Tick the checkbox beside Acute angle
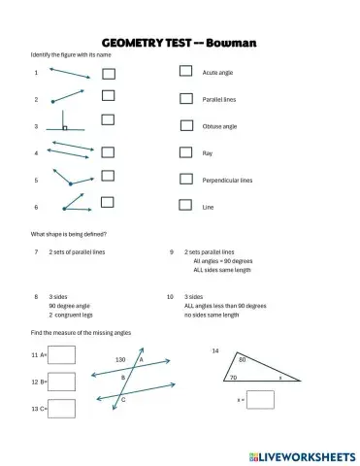(x=185, y=72)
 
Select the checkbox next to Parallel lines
(x=185, y=98)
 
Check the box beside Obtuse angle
(x=185, y=125)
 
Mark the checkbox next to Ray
(x=185, y=151)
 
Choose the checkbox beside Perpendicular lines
(x=185, y=179)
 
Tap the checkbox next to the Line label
(x=185, y=205)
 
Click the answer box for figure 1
(x=108, y=72)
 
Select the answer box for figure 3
(x=108, y=125)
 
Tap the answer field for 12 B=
(x=61, y=383)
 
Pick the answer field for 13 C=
(x=61, y=408)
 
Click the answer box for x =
(x=260, y=399)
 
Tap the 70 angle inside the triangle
(x=232, y=378)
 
